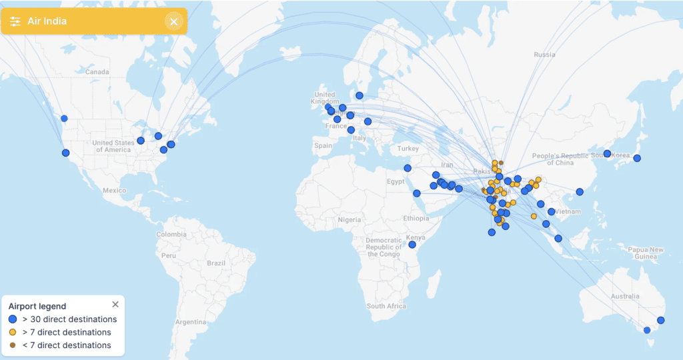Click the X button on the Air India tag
coord(173,21)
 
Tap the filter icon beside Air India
coord(15,21)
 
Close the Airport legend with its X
coord(115,304)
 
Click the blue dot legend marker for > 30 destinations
coord(13,319)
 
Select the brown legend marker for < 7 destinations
coord(13,345)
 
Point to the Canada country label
coord(96,71)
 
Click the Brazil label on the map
coord(215,263)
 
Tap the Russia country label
coord(544,54)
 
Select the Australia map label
coord(625,295)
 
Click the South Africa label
coord(386,306)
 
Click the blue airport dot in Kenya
coord(412,245)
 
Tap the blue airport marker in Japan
coord(637,158)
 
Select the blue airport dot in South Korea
coord(607,154)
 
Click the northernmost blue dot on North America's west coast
coord(65,119)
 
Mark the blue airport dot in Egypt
coord(408,168)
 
